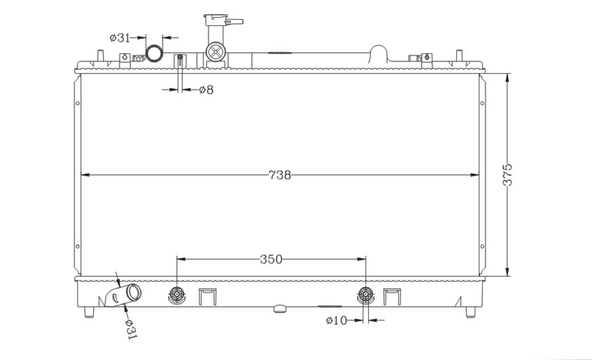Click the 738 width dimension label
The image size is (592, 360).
tap(280, 175)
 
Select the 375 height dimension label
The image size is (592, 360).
tap(507, 175)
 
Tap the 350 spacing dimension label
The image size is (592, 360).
tap(271, 259)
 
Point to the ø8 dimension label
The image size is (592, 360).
tap(206, 90)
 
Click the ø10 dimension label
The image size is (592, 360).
tap(336, 321)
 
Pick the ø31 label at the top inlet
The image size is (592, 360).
tap(120, 38)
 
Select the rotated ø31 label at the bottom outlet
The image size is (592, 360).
tap(131, 329)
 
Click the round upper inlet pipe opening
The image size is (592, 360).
tap(154, 54)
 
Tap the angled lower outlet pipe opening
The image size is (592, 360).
tap(134, 292)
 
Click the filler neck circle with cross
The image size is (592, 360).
tap(216, 52)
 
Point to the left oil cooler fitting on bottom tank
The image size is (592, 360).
tap(177, 294)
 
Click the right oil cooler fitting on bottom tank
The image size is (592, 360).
tap(366, 294)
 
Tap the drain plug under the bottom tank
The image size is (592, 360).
tap(280, 309)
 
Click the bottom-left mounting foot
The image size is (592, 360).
tap(89, 312)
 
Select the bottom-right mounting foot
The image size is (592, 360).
tap(470, 312)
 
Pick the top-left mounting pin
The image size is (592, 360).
tap(100, 55)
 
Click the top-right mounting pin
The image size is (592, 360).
tap(459, 55)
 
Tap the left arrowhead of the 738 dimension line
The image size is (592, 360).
tap(85, 175)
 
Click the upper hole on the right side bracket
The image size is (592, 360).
tap(482, 103)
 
